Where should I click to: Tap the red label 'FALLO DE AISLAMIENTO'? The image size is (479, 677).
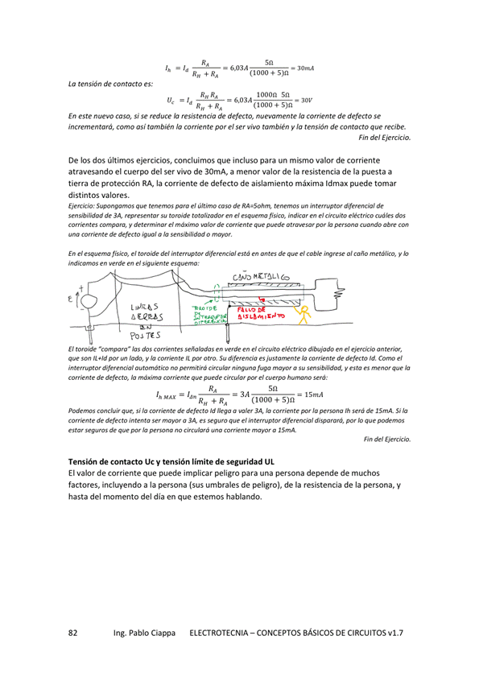coord(257,312)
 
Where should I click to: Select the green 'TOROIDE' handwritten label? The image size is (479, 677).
coord(204,309)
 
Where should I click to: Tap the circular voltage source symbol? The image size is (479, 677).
coord(85,301)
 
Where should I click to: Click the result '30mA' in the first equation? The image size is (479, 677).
coord(304,68)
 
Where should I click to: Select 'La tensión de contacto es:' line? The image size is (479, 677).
coord(104,84)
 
